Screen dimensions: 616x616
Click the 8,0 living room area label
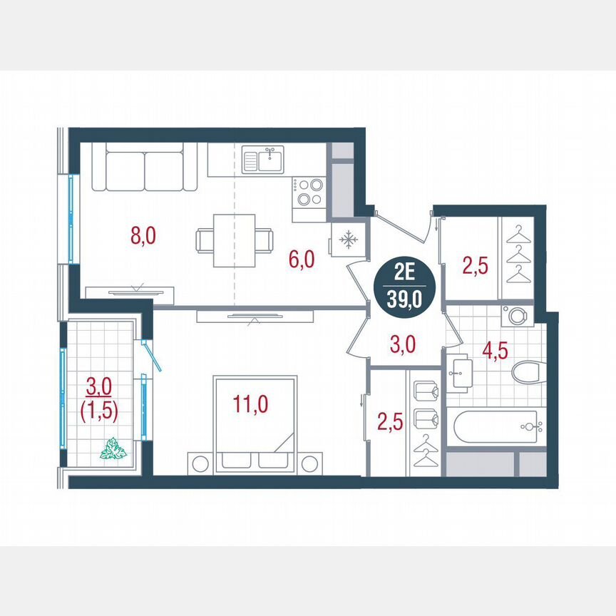(x=143, y=235)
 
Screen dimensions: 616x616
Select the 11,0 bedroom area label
(x=250, y=404)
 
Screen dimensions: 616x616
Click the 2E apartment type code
(x=404, y=272)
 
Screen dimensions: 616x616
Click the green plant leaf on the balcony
(x=113, y=449)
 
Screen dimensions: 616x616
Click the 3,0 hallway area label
(x=404, y=345)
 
